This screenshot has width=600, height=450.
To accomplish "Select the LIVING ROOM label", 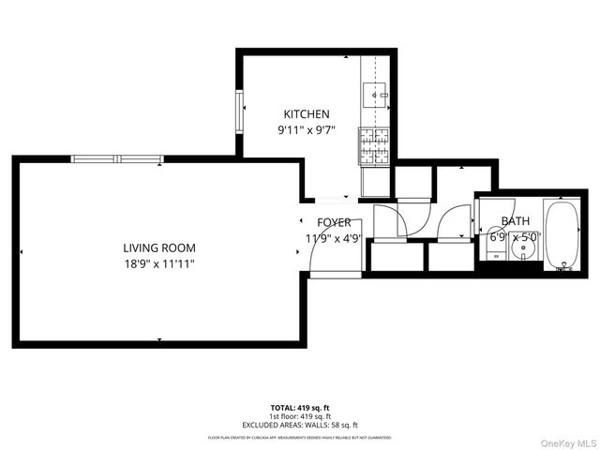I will [158, 247].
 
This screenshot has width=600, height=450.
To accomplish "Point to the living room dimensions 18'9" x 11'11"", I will [158, 264].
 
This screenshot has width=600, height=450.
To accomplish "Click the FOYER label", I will [334, 222].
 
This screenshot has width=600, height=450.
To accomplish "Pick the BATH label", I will [515, 221].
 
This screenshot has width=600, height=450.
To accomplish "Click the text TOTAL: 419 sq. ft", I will [299, 408].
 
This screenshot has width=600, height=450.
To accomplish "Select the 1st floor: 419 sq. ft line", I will [299, 416].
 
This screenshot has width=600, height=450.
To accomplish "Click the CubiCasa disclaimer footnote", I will [299, 437].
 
